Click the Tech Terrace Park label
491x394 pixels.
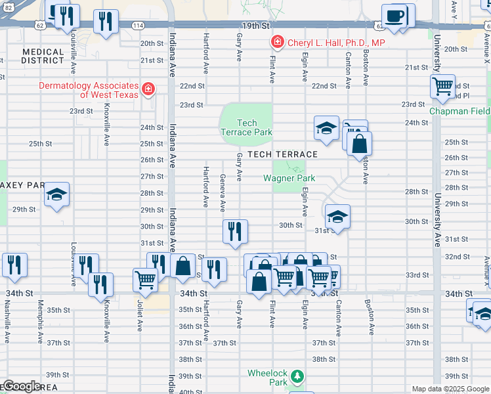[246, 127]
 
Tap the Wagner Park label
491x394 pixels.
[289, 178]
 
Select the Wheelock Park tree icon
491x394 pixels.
[297, 376]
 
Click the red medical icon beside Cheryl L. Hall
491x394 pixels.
[278, 43]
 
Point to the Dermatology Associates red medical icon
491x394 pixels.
[149, 88]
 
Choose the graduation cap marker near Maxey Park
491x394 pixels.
[57, 194]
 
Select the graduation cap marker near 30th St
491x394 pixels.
[337, 216]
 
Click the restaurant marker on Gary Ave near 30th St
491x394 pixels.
[235, 231]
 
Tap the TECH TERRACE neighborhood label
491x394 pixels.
[278, 154]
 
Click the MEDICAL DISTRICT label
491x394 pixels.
[43, 56]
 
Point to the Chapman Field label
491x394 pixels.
[459, 111]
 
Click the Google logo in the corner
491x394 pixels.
[21, 386]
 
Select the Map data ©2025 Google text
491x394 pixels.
[450, 389]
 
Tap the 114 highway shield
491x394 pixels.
[137, 25]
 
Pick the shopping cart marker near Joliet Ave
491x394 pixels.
[144, 280]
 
